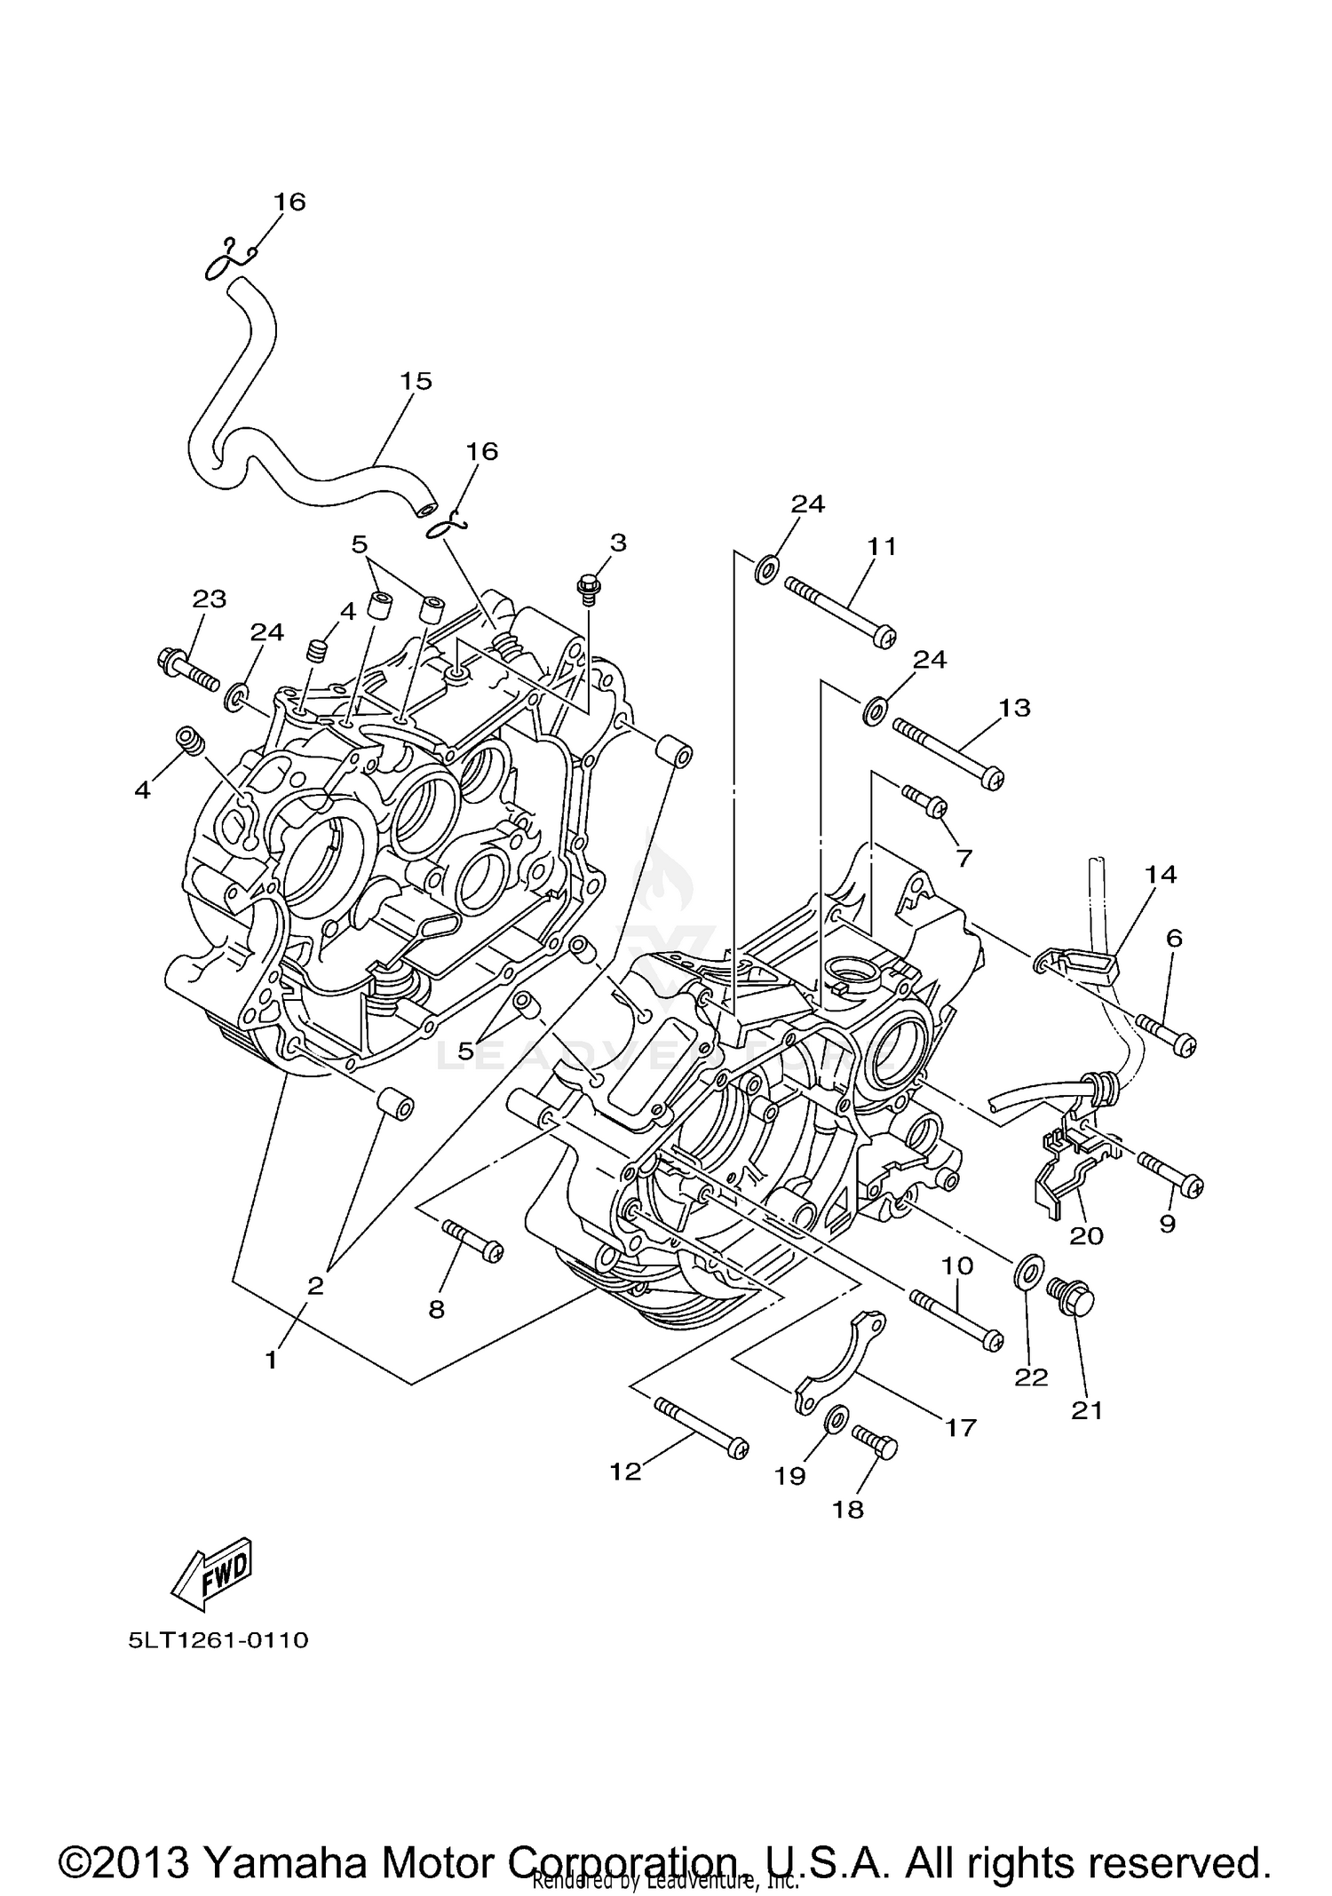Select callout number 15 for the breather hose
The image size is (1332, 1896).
pyautogui.click(x=415, y=381)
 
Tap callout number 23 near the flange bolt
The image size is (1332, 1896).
pyautogui.click(x=210, y=599)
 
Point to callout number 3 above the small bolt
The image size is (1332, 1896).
pyautogui.click(x=618, y=542)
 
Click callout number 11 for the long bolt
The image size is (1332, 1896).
pyautogui.click(x=882, y=546)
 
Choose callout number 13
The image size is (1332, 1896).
pyautogui.click(x=1014, y=708)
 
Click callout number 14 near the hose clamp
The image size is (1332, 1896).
pyautogui.click(x=1161, y=875)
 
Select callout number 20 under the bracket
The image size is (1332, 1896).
pyautogui.click(x=1086, y=1235)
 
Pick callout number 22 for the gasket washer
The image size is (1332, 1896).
pyautogui.click(x=1031, y=1376)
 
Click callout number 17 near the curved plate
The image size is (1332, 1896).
pyautogui.click(x=961, y=1427)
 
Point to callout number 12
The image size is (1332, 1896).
pyautogui.click(x=625, y=1472)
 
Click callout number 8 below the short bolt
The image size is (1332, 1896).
pyautogui.click(x=436, y=1309)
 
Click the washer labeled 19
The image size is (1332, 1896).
pyautogui.click(x=835, y=1419)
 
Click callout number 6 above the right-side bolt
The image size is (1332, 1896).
pyautogui.click(x=1174, y=938)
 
